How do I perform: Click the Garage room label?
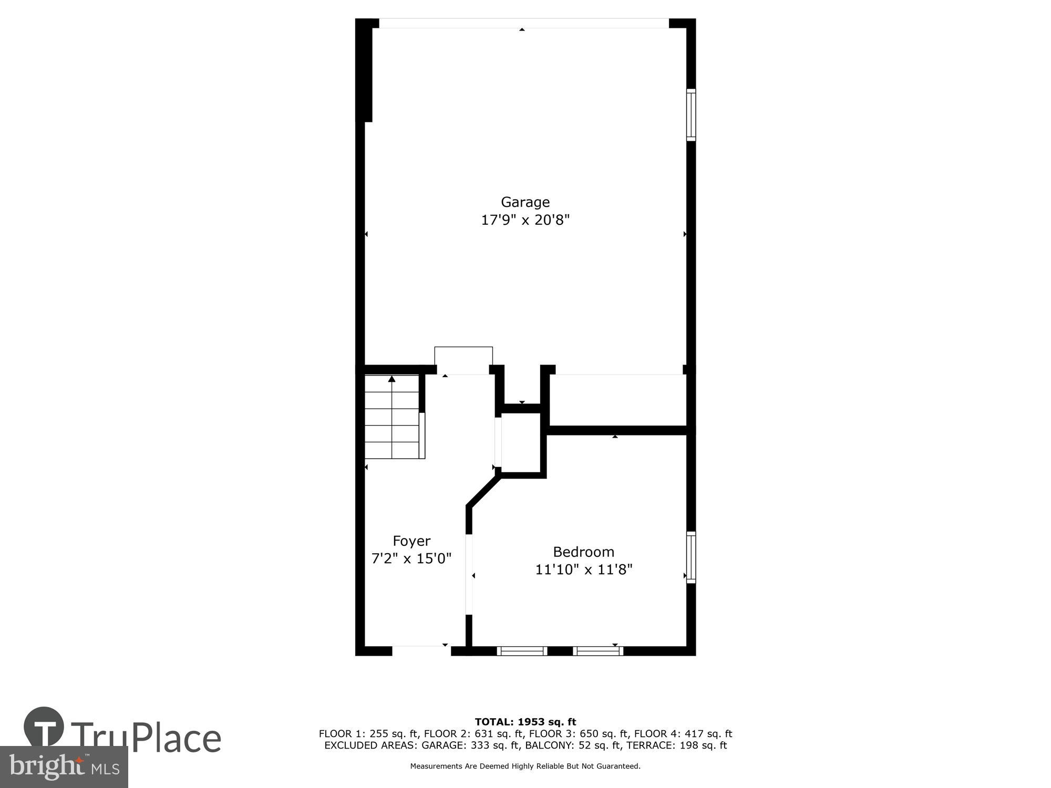point(525,202)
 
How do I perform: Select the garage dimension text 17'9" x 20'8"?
point(525,220)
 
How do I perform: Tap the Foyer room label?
point(411,541)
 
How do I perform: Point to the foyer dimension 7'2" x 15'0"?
point(411,558)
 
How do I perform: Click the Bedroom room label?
point(583,552)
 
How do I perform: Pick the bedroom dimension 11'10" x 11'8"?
point(583,569)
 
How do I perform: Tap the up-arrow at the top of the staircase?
point(391,379)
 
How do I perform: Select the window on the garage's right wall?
point(691,115)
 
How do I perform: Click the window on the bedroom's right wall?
point(691,557)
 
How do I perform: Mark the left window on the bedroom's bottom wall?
point(522,651)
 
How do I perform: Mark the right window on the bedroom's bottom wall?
point(598,651)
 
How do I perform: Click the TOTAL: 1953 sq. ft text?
point(525,722)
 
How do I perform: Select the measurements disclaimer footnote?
point(525,766)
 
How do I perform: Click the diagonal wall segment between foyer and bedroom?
point(482,491)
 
